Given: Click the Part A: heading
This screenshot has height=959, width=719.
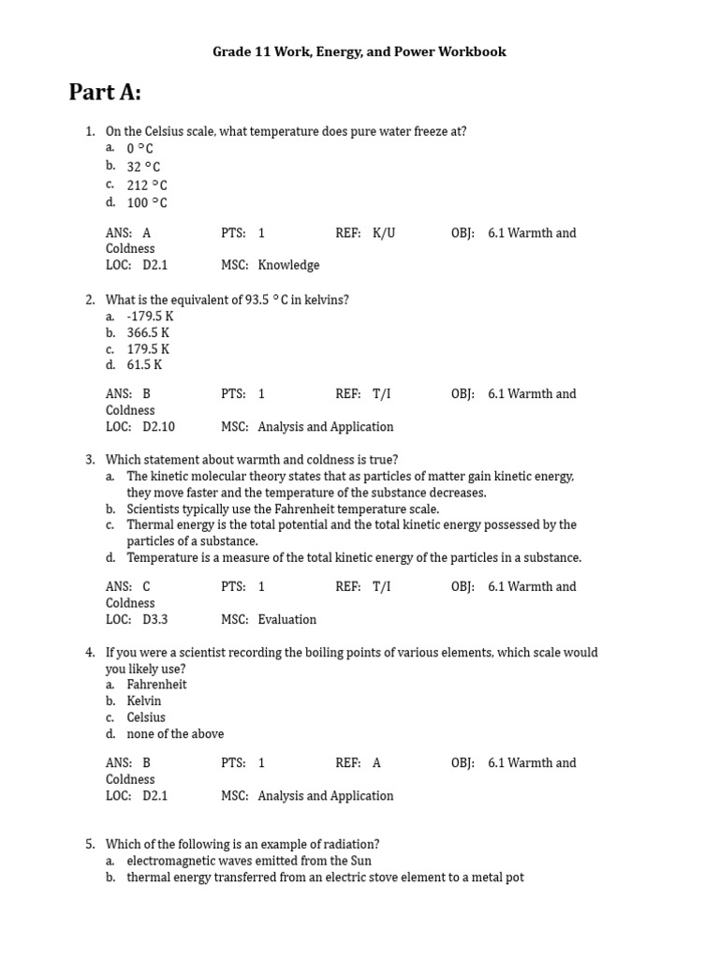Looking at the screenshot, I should [105, 93].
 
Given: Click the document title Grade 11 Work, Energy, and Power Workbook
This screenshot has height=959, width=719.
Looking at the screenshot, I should [359, 52].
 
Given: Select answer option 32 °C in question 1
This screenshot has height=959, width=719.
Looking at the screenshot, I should [143, 167].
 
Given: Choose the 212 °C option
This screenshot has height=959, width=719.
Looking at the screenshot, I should [147, 184].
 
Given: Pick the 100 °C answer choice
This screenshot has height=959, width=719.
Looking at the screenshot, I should [147, 202].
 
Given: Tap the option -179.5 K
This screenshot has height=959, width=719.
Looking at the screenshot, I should [150, 317].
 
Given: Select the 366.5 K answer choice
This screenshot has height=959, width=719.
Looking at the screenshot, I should [148, 332].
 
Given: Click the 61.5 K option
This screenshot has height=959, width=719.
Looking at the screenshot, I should [144, 365].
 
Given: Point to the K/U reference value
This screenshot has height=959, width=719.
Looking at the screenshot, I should [384, 233].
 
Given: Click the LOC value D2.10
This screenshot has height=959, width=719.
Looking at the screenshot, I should [158, 427].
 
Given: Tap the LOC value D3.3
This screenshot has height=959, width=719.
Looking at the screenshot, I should [154, 620].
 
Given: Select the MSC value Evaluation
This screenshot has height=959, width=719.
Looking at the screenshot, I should [287, 620].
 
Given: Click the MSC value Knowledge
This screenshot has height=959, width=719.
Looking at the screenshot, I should [288, 265].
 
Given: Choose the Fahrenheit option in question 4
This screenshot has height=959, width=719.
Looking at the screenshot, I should [156, 685].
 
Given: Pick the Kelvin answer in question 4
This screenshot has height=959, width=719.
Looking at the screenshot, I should [144, 701].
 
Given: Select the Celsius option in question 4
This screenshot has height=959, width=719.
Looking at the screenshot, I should [146, 717].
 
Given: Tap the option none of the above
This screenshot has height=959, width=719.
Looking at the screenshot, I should [175, 734].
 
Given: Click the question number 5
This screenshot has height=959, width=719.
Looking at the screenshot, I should [90, 844].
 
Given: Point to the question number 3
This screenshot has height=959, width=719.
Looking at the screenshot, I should [90, 460].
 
